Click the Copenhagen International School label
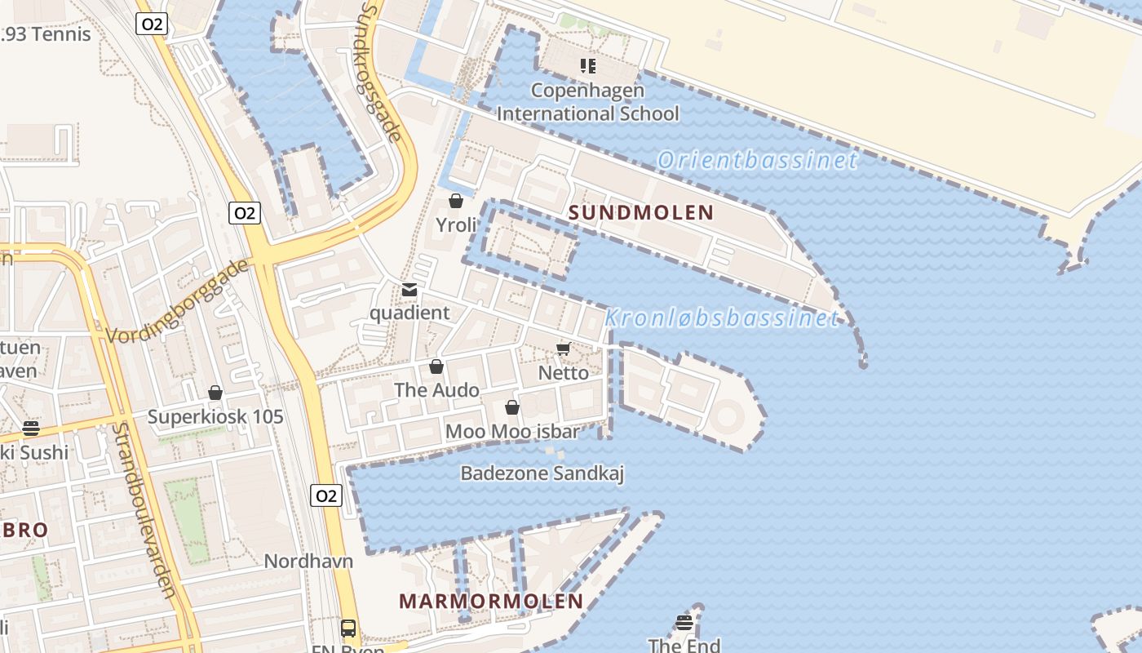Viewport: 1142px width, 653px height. coord(587,102)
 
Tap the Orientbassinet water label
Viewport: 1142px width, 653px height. coord(758,160)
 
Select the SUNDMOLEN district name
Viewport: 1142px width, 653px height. coord(641,213)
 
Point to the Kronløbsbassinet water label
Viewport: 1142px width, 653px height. coord(722,318)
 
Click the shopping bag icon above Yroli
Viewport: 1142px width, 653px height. coord(456,201)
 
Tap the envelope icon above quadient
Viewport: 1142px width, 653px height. coord(409,290)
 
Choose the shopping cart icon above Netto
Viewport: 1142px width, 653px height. coord(563,349)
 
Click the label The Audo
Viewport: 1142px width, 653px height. coord(436,390)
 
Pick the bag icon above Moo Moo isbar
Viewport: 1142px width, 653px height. coord(512,407)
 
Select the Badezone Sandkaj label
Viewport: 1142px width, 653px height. coord(542,473)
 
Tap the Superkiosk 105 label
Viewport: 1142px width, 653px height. coord(215,417)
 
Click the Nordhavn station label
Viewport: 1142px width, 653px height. coord(308,562)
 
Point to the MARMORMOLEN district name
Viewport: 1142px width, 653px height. coord(491,602)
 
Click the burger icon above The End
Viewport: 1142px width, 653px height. coord(684,623)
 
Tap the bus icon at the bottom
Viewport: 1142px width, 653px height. coord(348,629)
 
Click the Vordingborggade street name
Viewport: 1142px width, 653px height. coord(177,301)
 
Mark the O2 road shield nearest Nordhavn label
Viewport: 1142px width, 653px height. coord(325,495)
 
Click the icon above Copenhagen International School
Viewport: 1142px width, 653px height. coord(587,65)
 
